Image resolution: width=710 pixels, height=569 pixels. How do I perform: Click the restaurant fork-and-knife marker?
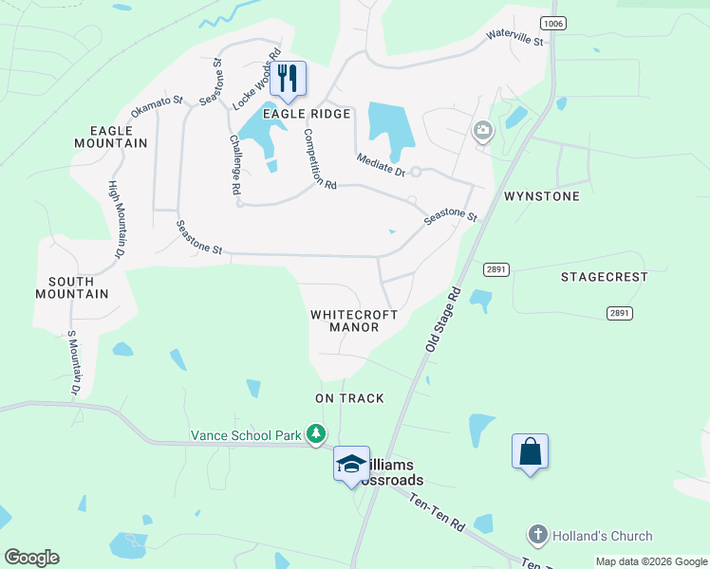(x=289, y=79)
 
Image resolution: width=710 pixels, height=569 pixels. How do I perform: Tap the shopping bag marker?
(x=530, y=451)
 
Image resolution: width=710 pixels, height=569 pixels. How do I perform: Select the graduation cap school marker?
(x=351, y=464)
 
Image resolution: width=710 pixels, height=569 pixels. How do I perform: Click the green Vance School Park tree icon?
(x=316, y=435)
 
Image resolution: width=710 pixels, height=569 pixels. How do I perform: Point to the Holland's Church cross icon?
(x=538, y=534)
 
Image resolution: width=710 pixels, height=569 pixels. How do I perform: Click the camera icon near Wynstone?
(x=483, y=130)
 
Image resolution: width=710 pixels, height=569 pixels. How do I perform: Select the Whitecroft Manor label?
(x=354, y=321)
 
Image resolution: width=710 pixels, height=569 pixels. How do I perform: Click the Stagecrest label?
(x=604, y=277)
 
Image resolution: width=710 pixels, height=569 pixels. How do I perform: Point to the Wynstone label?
(x=541, y=196)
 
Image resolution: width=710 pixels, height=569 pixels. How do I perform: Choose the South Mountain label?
(x=71, y=287)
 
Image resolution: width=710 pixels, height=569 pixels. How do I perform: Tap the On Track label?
(x=350, y=398)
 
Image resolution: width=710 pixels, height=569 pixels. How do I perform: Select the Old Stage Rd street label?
(x=442, y=321)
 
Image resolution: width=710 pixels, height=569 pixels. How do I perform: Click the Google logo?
(x=31, y=558)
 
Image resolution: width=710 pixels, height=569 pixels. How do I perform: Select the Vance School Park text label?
(x=246, y=435)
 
